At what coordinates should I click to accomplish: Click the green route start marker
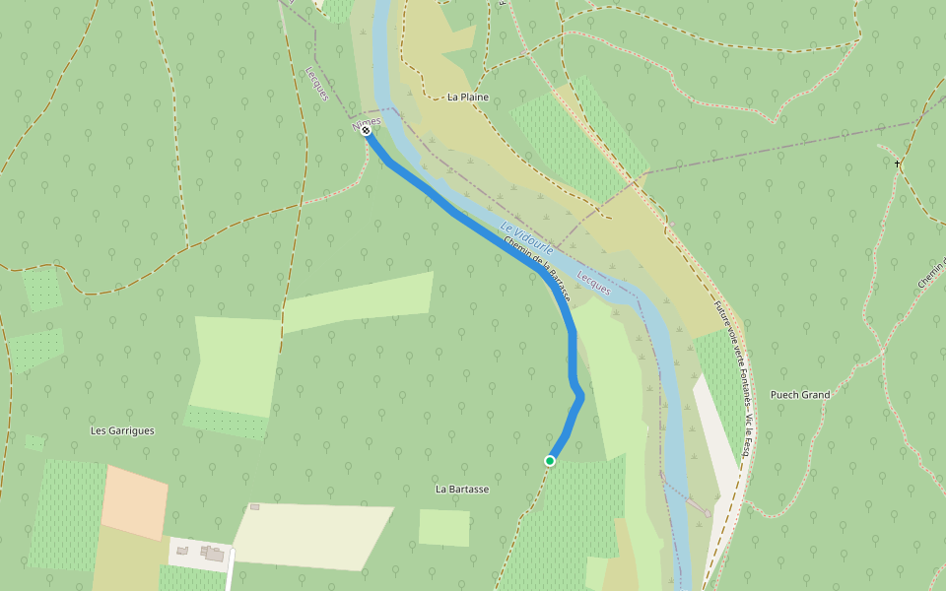[x=550, y=461]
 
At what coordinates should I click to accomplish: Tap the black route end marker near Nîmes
[x=366, y=130]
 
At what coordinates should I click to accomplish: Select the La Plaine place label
[x=468, y=98]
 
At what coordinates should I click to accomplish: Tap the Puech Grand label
[x=800, y=395]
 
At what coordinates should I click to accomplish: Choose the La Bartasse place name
[x=462, y=489]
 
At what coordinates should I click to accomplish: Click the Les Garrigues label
[x=122, y=430]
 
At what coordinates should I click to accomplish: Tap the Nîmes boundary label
[x=366, y=121]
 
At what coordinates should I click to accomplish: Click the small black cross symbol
[x=898, y=163]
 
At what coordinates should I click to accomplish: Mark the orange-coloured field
[x=134, y=502]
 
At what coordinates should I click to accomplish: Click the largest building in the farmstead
[x=215, y=556]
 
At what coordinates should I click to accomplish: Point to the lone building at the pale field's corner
[x=255, y=507]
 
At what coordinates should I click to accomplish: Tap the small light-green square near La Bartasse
[x=443, y=527]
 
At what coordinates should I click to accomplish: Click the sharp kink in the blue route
[x=580, y=396]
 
